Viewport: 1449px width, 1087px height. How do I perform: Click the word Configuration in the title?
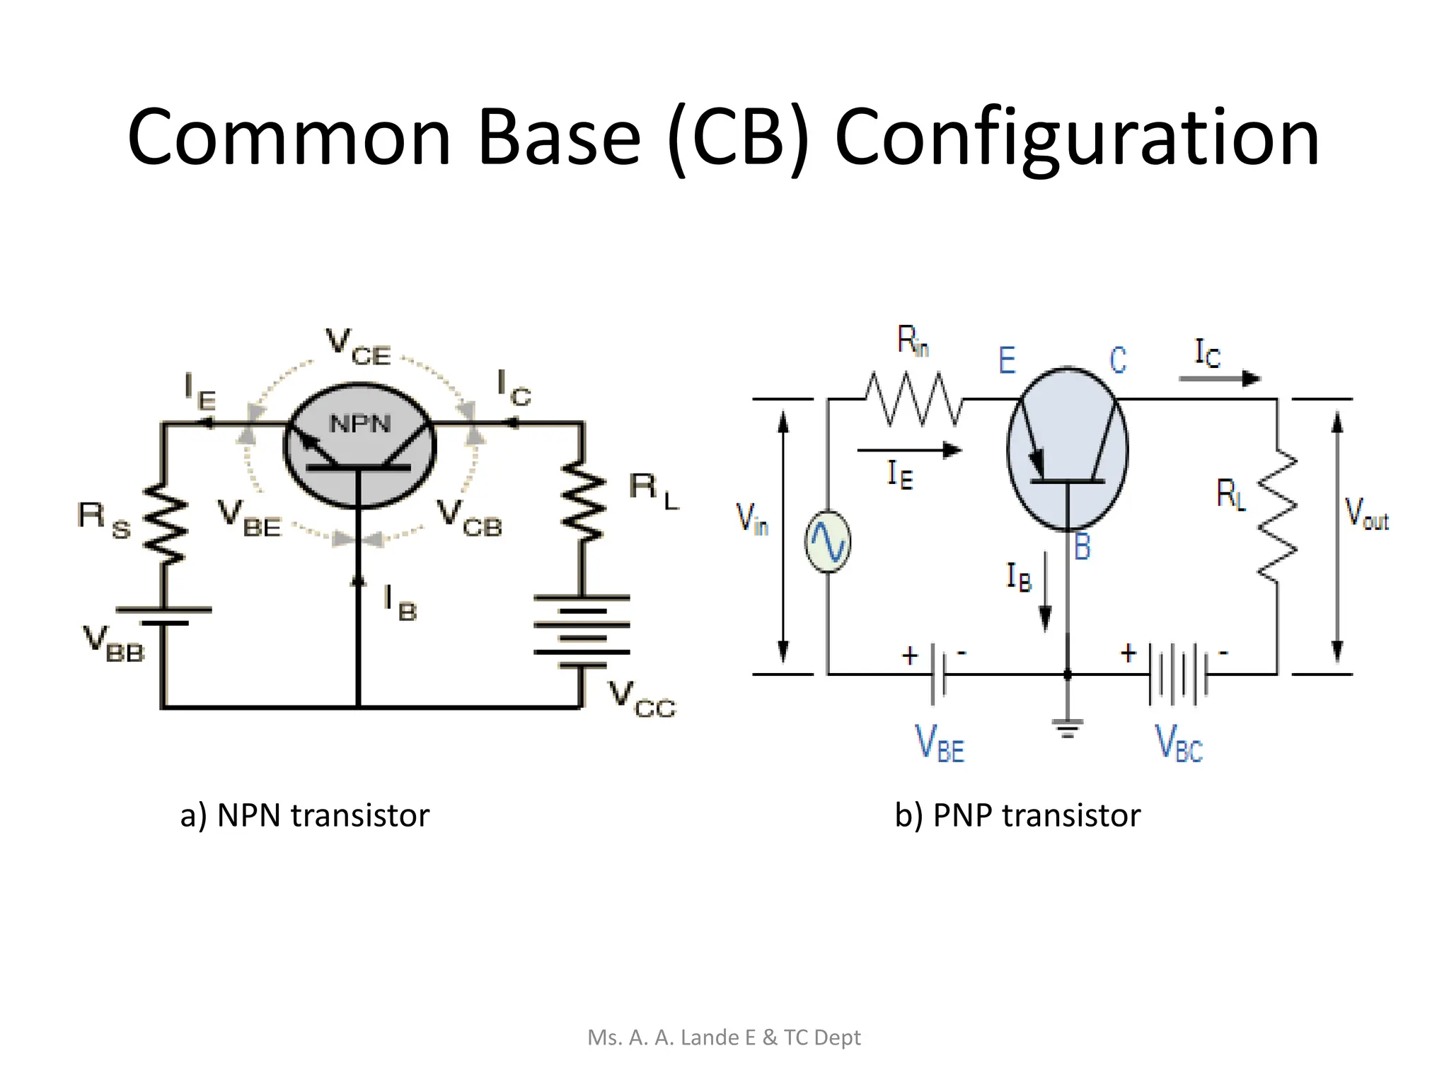click(x=1077, y=138)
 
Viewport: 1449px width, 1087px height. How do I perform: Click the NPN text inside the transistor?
click(x=360, y=424)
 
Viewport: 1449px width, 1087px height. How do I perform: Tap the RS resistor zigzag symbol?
click(x=165, y=524)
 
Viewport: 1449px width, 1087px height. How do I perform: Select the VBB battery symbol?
click(x=164, y=616)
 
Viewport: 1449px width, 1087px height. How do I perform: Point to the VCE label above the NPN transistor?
click(x=358, y=347)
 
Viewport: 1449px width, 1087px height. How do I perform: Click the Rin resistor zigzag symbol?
click(x=913, y=399)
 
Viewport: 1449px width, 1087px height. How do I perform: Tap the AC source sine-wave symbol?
click(x=828, y=542)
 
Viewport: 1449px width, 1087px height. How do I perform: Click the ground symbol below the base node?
click(x=1068, y=727)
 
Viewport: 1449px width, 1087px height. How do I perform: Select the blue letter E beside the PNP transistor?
click(x=1007, y=360)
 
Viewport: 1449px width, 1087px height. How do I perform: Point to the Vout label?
click(x=1366, y=514)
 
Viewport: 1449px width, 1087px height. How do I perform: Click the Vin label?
click(x=752, y=518)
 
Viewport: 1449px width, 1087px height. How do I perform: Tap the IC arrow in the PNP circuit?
click(x=1220, y=379)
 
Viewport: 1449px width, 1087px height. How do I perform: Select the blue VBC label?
click(x=1179, y=744)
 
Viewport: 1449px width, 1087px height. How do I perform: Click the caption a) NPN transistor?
click(x=305, y=815)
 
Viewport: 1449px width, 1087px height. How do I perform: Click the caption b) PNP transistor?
click(x=1017, y=815)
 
